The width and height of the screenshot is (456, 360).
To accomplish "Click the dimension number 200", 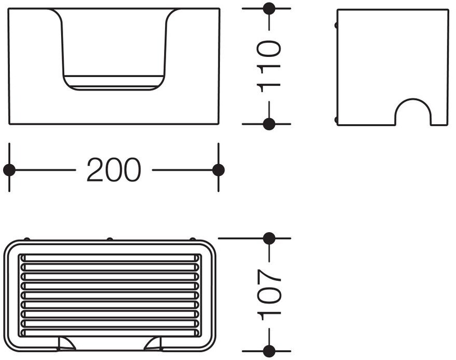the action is coord(113,170).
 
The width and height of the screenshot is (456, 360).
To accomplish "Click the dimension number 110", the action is coord(270,66).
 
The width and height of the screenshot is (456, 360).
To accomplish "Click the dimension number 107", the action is coord(270,293).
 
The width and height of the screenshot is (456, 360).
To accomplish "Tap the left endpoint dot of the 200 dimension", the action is coord(9,170).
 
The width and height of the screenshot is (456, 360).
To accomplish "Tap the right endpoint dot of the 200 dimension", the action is coord(218,170).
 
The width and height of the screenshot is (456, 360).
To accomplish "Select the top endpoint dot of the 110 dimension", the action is coord(269,8).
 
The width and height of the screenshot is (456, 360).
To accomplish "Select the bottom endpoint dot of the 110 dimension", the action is coord(269,124).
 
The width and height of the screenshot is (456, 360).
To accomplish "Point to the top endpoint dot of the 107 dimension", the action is coord(269,238).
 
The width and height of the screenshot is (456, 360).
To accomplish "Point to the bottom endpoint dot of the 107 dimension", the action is coord(269,350).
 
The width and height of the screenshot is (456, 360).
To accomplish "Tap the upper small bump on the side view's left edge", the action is coord(336,25).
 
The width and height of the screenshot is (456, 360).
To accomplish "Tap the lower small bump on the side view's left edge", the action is coord(336,120).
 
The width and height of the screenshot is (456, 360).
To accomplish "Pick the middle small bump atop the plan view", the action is coord(109,239).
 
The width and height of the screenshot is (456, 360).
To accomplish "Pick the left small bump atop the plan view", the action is coord(27,239).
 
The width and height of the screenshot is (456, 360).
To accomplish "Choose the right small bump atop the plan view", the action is coord(192,239).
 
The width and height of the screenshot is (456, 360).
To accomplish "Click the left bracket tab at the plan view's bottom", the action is coord(66,343).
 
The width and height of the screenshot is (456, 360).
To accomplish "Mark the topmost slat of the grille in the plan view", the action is coord(109,258).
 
